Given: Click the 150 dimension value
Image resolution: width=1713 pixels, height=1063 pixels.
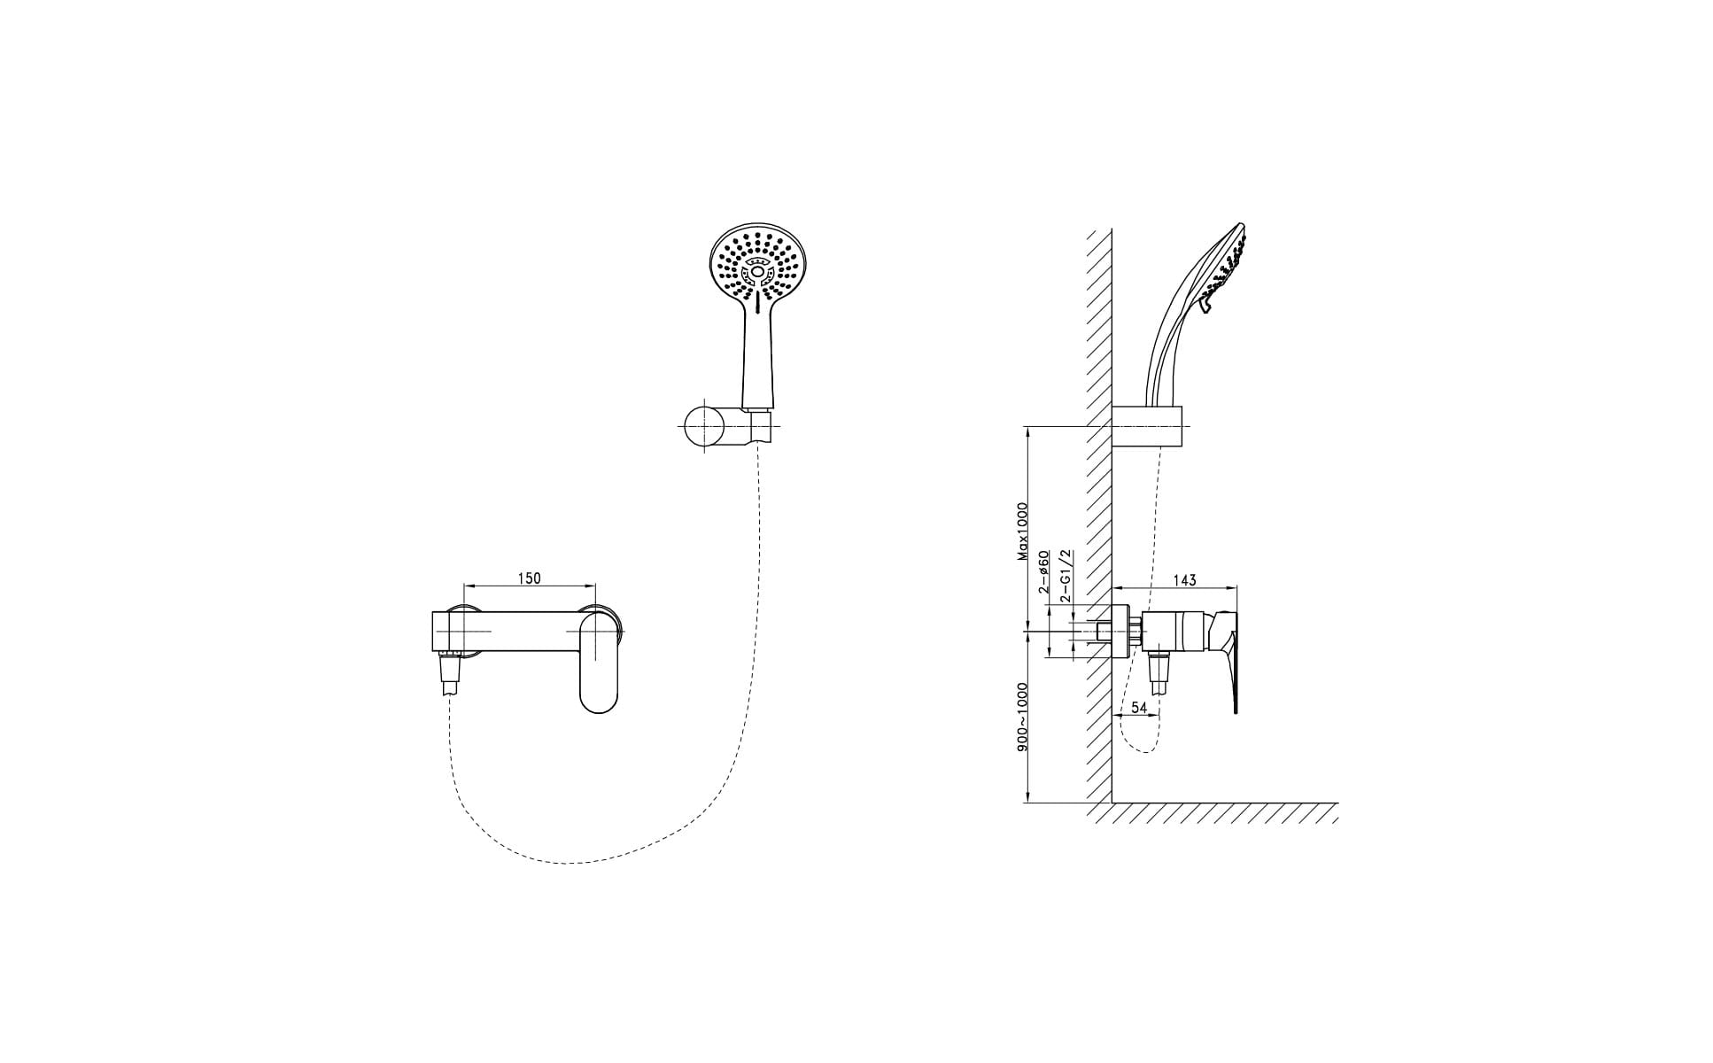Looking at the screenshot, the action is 529,578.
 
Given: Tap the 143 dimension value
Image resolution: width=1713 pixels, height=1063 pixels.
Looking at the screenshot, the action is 1184,580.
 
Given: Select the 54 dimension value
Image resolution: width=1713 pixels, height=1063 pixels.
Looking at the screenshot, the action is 1140,708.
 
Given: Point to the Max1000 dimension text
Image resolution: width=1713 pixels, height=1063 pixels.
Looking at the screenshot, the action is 1022,531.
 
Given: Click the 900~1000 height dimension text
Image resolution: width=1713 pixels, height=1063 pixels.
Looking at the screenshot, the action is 1022,717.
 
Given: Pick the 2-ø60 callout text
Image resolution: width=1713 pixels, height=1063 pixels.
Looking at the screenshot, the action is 1044,571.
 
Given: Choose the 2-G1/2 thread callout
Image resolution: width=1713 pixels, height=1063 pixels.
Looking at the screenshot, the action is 1066,576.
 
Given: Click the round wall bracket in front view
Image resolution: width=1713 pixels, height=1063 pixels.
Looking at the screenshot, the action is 705,428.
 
